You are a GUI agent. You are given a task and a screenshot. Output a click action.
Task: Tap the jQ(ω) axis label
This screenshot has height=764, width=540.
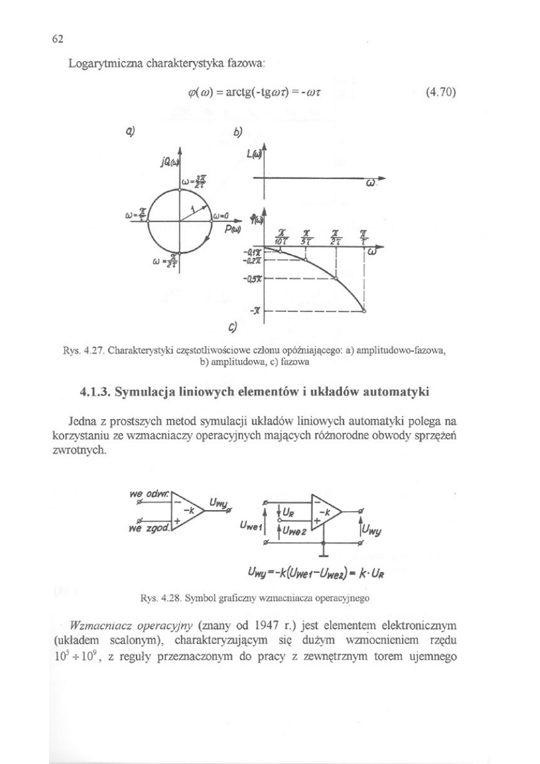(x=166, y=162)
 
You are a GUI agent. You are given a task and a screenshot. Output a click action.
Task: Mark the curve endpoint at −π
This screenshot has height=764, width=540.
(x=365, y=311)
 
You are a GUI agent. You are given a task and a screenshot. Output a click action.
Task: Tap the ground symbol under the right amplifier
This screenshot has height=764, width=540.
(x=325, y=552)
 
